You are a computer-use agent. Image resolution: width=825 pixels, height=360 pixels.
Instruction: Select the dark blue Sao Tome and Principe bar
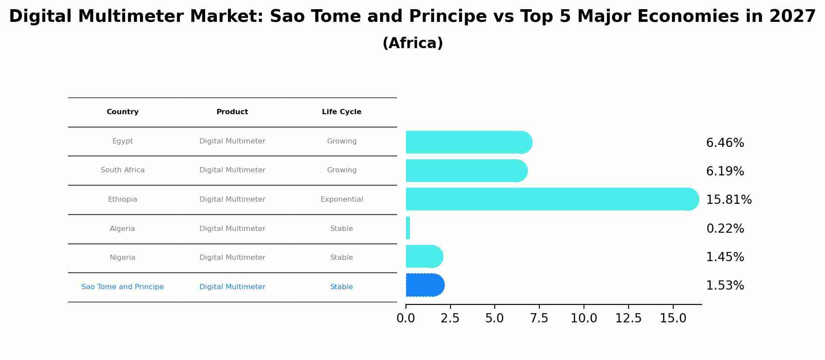pyautogui.click(x=425, y=285)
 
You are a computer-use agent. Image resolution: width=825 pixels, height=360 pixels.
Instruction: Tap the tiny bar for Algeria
pyautogui.click(x=408, y=228)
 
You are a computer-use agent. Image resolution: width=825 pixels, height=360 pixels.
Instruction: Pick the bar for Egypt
pyautogui.click(x=468, y=142)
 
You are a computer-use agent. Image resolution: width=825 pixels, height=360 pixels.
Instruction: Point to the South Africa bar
pyautogui.click(x=466, y=171)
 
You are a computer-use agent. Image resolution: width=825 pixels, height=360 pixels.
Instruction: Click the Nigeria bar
pyautogui.click(x=424, y=256)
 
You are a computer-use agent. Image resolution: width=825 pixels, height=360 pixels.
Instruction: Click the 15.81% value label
pyautogui.click(x=729, y=200)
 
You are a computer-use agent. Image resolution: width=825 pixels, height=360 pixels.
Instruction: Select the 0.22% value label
pyautogui.click(x=725, y=229)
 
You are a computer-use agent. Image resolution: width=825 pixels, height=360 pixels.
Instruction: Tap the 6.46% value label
pyautogui.click(x=725, y=143)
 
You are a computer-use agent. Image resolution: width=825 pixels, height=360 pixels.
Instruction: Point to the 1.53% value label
pyautogui.click(x=725, y=286)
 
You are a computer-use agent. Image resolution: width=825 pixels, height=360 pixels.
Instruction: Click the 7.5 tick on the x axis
pyautogui.click(x=539, y=318)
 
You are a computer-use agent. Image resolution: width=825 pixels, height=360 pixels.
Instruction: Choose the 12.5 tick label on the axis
pyautogui.click(x=628, y=318)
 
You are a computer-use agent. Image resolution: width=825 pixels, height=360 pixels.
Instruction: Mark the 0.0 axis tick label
pyautogui.click(x=406, y=318)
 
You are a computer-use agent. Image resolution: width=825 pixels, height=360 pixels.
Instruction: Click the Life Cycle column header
pyautogui.click(x=342, y=112)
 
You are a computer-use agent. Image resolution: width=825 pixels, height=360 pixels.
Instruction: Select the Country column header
pyautogui.click(x=122, y=112)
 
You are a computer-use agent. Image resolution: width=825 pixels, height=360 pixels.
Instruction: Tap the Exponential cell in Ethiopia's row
pyautogui.click(x=342, y=199)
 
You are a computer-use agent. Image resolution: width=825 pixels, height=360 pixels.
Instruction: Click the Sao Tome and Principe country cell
pyautogui.click(x=122, y=287)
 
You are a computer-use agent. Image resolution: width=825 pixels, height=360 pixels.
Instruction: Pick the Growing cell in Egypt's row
pyautogui.click(x=342, y=141)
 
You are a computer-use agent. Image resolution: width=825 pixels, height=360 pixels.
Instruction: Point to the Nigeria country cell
pyautogui.click(x=122, y=258)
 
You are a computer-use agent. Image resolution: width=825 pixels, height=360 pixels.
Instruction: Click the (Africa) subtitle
pyautogui.click(x=412, y=43)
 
